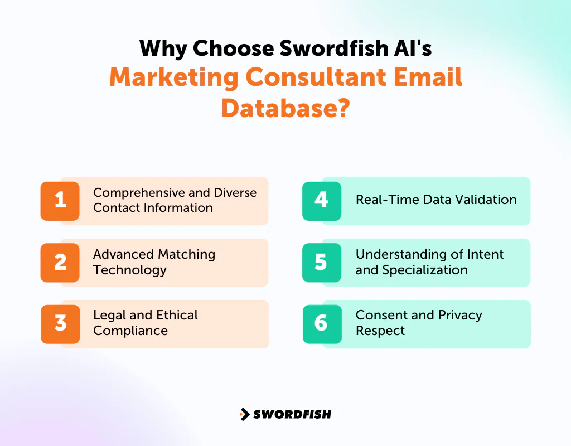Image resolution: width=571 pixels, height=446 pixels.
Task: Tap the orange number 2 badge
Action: pyautogui.click(x=60, y=263)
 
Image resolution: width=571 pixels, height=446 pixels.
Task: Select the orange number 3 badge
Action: pyautogui.click(x=60, y=324)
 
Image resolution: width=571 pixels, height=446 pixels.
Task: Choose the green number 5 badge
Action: pyautogui.click(x=322, y=263)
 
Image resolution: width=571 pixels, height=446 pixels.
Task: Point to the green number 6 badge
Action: pyautogui.click(x=322, y=324)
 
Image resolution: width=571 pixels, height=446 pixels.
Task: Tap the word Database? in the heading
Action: pyautogui.click(x=285, y=107)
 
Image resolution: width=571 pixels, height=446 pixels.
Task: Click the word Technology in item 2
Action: pyautogui.click(x=130, y=270)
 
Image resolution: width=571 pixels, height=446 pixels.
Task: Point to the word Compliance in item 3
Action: pyautogui.click(x=130, y=331)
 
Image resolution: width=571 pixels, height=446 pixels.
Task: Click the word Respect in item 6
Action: pyautogui.click(x=380, y=331)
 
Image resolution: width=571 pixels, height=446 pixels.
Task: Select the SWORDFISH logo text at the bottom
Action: pyautogui.click(x=292, y=414)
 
